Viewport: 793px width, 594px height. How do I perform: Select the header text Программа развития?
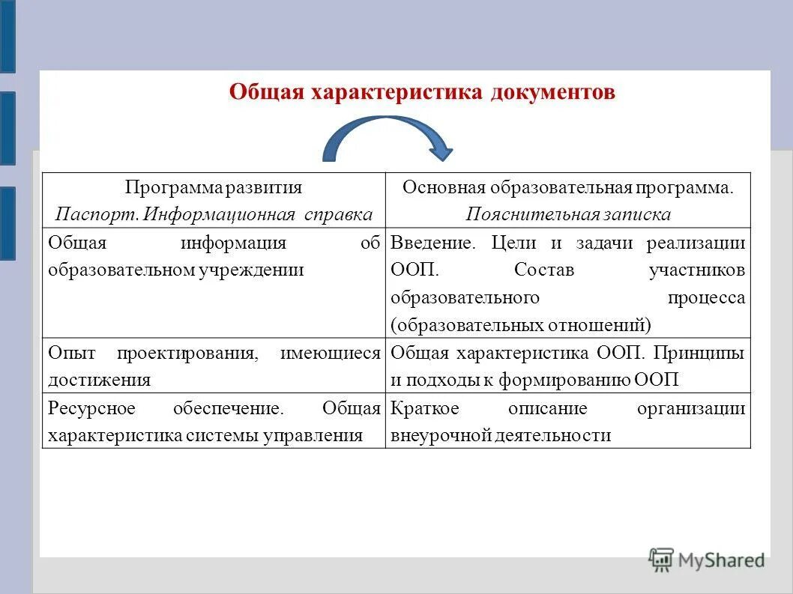click(x=214, y=187)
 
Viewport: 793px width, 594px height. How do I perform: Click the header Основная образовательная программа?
click(x=567, y=187)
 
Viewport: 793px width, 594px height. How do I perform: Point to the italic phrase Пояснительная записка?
click(x=567, y=214)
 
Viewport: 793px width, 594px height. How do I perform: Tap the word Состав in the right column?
click(x=543, y=270)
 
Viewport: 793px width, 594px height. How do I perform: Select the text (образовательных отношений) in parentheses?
click(x=521, y=325)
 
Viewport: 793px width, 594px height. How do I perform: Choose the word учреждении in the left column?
click(x=259, y=270)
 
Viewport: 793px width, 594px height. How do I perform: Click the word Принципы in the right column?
click(x=705, y=353)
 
